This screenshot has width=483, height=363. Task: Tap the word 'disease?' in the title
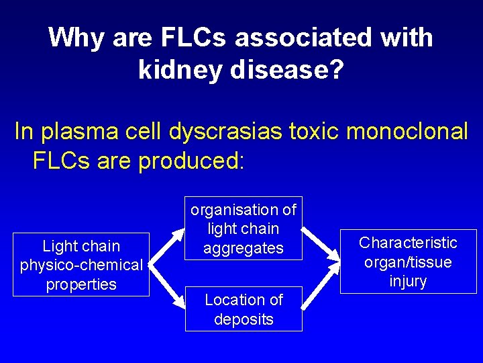tap(288, 69)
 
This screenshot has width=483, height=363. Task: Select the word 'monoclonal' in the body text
tap(411, 132)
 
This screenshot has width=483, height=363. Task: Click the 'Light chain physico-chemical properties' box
tap(81, 265)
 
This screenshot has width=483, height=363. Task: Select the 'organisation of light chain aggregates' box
tap(244, 229)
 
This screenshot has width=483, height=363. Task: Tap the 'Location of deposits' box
tap(244, 309)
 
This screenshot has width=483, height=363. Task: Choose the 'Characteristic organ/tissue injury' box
tap(408, 261)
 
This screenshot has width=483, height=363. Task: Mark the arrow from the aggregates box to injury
tap(320, 244)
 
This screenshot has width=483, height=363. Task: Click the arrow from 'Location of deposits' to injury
tap(320, 286)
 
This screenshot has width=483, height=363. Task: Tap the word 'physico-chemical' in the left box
tap(81, 266)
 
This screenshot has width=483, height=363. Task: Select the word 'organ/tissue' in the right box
tap(408, 261)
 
